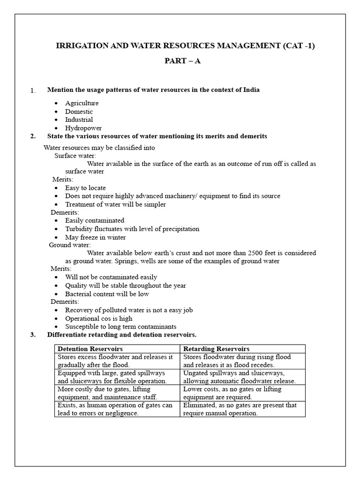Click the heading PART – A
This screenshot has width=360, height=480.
[182, 61]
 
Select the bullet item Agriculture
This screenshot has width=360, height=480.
[82, 103]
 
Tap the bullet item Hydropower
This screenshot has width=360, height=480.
[83, 128]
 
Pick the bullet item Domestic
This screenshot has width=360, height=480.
[79, 112]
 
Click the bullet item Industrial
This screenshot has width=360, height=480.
[79, 120]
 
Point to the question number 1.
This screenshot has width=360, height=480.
[33, 90]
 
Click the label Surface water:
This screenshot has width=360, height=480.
[75, 156]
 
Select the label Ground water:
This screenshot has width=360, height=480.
[70, 245]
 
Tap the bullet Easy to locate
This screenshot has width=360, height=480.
[85, 188]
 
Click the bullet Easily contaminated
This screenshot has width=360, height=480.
[95, 220]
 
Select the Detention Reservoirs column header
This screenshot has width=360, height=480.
[90, 349]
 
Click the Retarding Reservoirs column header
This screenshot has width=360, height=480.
[216, 349]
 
